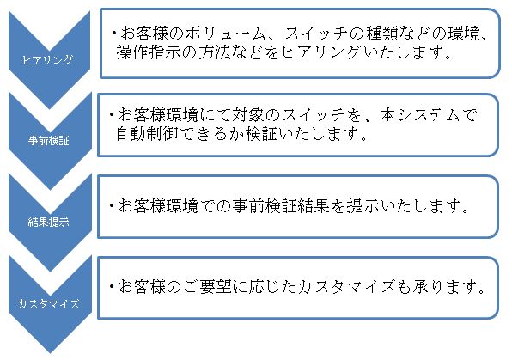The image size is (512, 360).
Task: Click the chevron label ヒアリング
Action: coord(47,59)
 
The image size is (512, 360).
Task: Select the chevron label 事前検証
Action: coord(48,141)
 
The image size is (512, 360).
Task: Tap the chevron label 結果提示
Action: coord(48,223)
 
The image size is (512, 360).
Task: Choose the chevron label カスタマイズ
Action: coord(48,304)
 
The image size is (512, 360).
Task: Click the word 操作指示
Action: coord(149,52)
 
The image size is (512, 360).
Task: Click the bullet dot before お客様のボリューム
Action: coord(114,33)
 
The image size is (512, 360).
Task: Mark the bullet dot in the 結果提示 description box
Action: coord(112,205)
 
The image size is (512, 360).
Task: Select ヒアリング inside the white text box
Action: coord(320,52)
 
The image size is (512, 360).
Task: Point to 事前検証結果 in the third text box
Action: coord(281,205)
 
